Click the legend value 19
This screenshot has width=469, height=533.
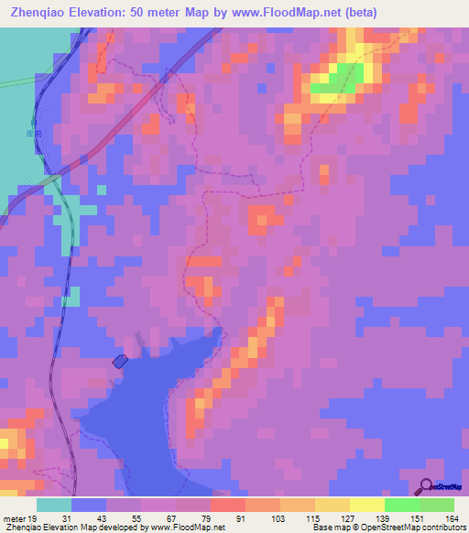pos(34,518)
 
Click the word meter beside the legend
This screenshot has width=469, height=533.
pos(14,518)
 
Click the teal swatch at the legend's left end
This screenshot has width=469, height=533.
pos(54,505)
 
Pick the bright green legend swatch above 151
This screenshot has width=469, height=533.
pos(402,505)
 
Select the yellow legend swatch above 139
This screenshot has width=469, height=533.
pos(367,505)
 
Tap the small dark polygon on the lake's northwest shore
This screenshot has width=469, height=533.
pos(120,362)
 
